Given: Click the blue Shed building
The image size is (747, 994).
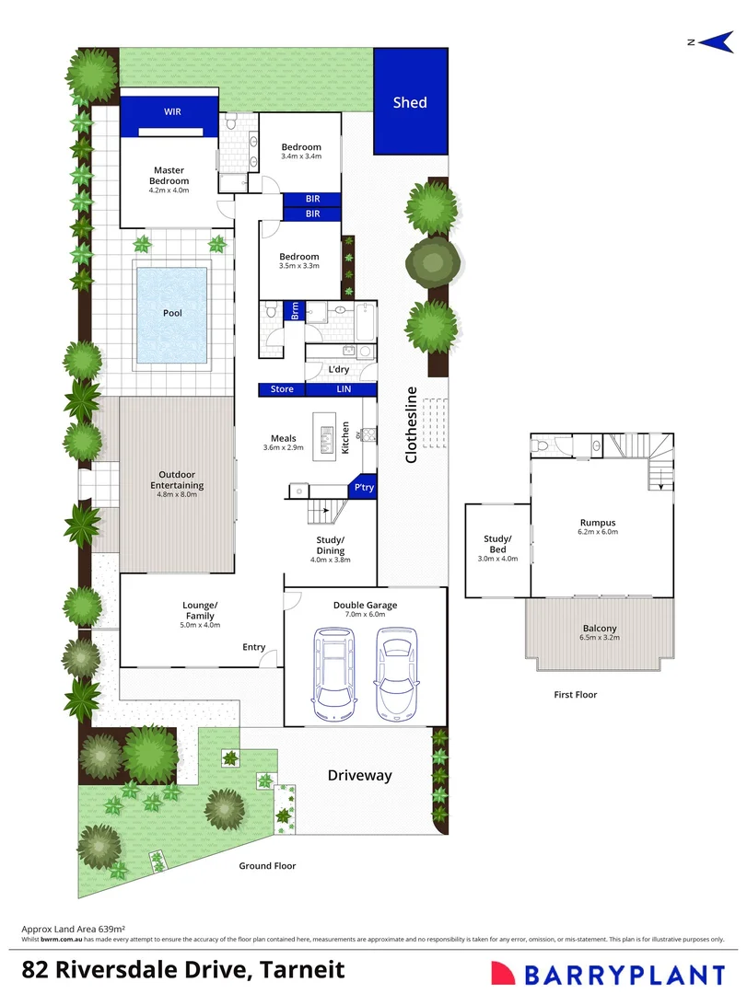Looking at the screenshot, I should [410, 102].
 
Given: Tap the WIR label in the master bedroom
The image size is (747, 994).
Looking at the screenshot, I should [172, 111].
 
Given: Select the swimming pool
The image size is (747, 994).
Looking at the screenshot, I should [172, 314].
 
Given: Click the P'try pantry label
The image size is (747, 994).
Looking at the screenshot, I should [364, 488].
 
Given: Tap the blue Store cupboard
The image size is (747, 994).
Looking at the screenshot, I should [282, 389].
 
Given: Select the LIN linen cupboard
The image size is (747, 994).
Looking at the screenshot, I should [343, 389].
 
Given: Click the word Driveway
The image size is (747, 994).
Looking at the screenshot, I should [360, 776].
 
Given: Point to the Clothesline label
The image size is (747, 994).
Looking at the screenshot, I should [412, 424].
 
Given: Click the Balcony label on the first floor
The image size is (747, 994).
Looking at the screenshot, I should [599, 629].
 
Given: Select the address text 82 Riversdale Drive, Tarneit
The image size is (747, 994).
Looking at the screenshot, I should [184, 970].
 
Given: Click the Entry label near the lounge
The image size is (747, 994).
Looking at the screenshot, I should [254, 647].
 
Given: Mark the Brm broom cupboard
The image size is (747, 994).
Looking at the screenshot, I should [295, 310].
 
